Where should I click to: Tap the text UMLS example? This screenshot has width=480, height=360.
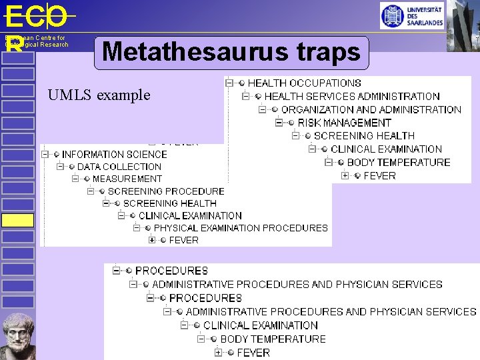pos(99,95)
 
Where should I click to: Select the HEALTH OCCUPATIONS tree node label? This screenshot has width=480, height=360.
pos(304,83)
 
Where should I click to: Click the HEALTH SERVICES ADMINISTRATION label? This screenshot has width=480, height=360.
pos(352,97)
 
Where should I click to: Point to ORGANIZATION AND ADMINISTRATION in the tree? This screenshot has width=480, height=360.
pos(371,109)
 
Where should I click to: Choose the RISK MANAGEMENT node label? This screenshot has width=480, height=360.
pos(344,123)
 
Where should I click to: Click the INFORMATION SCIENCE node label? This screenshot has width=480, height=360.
pos(114,154)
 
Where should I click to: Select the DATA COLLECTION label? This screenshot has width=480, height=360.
pos(119,167)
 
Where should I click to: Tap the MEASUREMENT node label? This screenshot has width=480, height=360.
pos(127,179)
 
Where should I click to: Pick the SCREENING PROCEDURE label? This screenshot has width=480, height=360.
pos(166,191)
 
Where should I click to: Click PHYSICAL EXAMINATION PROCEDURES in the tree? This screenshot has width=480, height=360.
pos(241,228)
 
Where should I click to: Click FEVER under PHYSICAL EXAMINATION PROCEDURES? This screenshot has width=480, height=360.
pos(183,240)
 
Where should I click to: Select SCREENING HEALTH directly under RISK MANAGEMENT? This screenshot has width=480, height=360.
pos(364,136)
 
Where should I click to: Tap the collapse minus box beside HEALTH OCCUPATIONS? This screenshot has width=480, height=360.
pos(229,83)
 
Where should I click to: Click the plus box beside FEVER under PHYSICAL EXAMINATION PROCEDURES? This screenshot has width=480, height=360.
pos(152,240)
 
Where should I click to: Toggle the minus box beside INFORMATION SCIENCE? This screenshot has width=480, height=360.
pos(45,154)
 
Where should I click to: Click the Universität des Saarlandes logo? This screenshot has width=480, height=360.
pos(411,15)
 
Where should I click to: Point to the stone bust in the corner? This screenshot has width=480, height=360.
pos(18,336)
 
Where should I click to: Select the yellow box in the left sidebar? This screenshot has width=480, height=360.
pos(17,220)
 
